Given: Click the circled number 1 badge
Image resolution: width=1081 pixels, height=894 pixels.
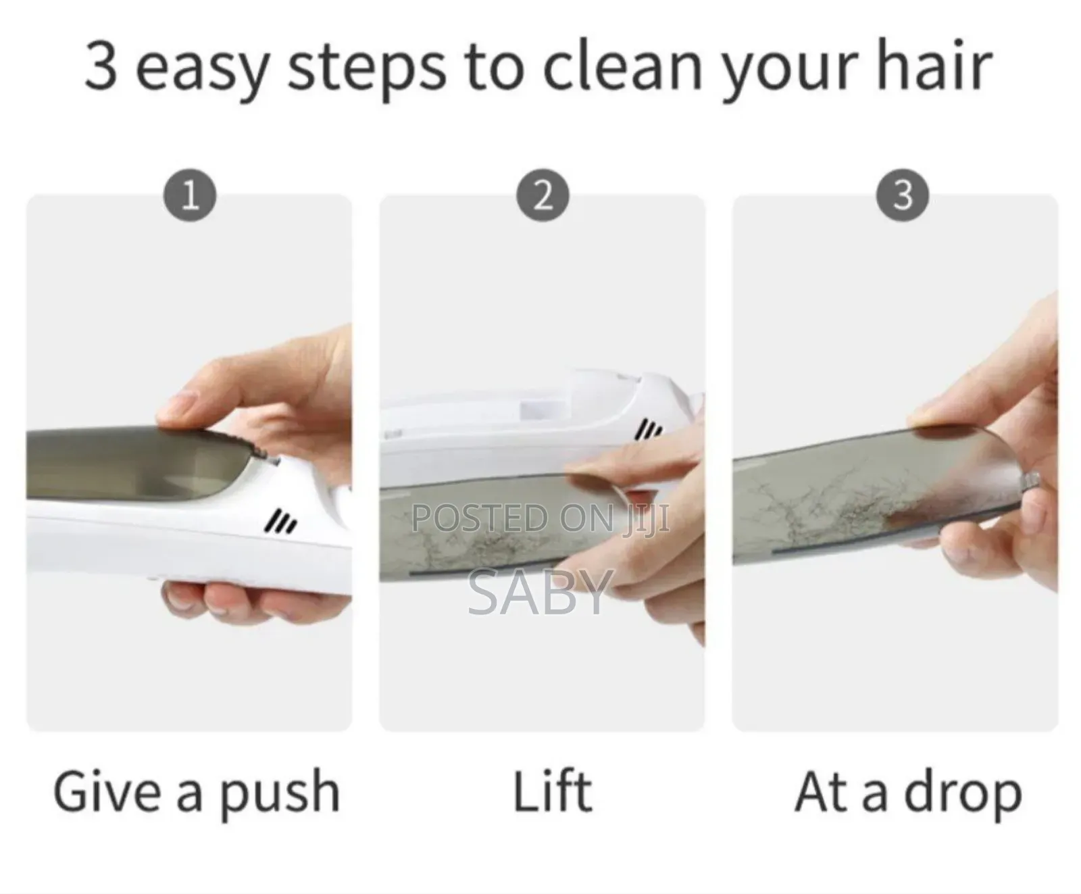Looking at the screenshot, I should [x=190, y=196].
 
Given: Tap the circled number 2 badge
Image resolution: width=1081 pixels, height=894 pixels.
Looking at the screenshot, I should [x=543, y=196].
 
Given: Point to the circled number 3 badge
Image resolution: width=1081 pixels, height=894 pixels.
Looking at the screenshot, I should [x=903, y=196].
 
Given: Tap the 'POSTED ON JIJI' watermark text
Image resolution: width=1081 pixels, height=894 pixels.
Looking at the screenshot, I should [x=540, y=518].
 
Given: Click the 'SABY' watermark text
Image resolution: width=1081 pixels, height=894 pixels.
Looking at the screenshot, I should [x=540, y=592].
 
